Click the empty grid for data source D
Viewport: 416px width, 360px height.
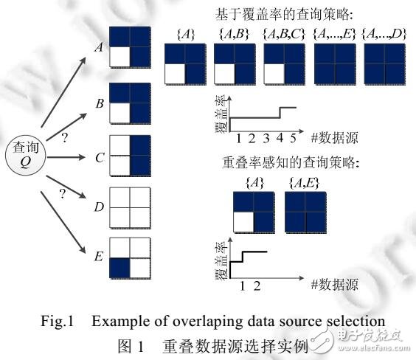[130, 207]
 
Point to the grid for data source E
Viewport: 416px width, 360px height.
[130, 259]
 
